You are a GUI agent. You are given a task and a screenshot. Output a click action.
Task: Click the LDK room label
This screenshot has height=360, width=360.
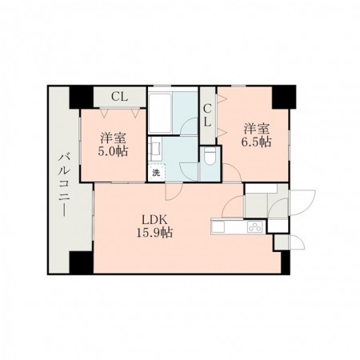pyautogui.click(x=154, y=220)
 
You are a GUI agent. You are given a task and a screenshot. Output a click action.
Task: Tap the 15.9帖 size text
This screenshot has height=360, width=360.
pyautogui.click(x=154, y=233)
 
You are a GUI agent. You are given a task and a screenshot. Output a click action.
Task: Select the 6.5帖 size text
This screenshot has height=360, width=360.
pyautogui.click(x=256, y=142)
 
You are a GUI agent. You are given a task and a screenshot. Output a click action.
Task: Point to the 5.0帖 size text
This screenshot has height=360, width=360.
pyautogui.click(x=113, y=151)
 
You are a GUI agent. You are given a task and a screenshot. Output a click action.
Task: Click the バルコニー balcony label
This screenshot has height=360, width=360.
pyautogui.click(x=64, y=185)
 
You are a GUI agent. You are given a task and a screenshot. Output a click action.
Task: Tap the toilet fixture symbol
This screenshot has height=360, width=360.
pyautogui.click(x=210, y=157)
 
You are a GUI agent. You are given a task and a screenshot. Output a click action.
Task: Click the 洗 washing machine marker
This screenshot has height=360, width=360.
pyautogui.click(x=156, y=173)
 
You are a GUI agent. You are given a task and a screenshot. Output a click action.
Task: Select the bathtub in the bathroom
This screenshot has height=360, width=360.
pyautogui.click(x=160, y=113)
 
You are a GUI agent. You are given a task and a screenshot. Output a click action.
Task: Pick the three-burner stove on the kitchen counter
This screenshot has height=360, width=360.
pyautogui.click(x=255, y=227)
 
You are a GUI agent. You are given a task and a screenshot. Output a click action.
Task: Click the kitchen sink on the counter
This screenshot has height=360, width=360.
pyautogui.click(x=218, y=227)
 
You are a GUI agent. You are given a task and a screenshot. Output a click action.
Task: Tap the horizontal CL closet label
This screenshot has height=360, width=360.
pyautogui.click(x=119, y=97)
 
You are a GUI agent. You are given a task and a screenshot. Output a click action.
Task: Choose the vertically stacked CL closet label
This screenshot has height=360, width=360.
pyautogui.click(x=207, y=115)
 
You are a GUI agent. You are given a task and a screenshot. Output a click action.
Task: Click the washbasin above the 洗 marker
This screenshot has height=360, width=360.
pyautogui.click(x=154, y=147)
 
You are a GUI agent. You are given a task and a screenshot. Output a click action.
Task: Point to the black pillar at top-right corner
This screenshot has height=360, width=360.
pyautogui.click(x=284, y=97)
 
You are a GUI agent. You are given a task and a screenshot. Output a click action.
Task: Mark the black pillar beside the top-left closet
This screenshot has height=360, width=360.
pyautogui.click(x=82, y=97)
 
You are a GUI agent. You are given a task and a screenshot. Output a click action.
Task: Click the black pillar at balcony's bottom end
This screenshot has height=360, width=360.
pyautogui.click(x=82, y=262)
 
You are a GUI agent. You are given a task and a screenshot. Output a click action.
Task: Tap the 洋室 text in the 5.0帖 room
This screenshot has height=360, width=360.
pyautogui.click(x=113, y=138)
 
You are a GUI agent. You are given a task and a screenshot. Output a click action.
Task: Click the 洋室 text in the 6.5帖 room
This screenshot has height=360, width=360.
pyautogui.click(x=256, y=129)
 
